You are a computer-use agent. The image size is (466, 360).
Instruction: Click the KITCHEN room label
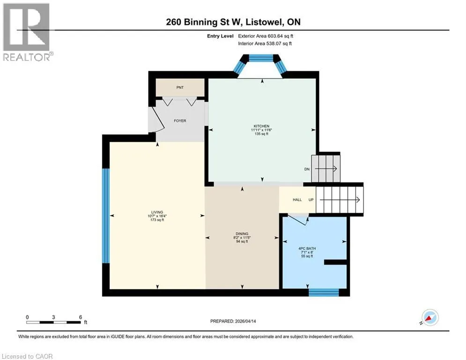(x=261, y=126)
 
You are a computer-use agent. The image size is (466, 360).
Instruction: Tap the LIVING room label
(x=157, y=212)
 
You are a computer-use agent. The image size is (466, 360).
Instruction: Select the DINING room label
(x=242, y=234)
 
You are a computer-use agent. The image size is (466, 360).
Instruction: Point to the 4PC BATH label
(x=307, y=248)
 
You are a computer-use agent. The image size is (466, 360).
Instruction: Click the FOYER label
(x=180, y=121)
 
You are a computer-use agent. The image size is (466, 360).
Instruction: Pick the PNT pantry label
(x=180, y=88)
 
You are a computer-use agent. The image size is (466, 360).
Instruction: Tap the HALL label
(x=297, y=200)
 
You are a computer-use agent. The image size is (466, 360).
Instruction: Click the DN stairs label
(x=307, y=169)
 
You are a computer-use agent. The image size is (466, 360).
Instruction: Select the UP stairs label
(x=311, y=200)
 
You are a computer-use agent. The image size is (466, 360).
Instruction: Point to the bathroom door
(x=298, y=220)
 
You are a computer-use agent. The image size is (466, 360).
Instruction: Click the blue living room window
(x=106, y=216)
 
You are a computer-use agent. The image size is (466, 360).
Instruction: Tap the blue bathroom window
(x=324, y=292)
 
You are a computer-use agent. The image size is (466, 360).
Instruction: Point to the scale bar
(x=53, y=322)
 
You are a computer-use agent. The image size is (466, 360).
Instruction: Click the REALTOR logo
(x=27, y=32)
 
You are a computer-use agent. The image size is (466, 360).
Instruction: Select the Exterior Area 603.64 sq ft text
(x=266, y=36)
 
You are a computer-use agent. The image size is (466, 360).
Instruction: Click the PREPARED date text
(x=233, y=321)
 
